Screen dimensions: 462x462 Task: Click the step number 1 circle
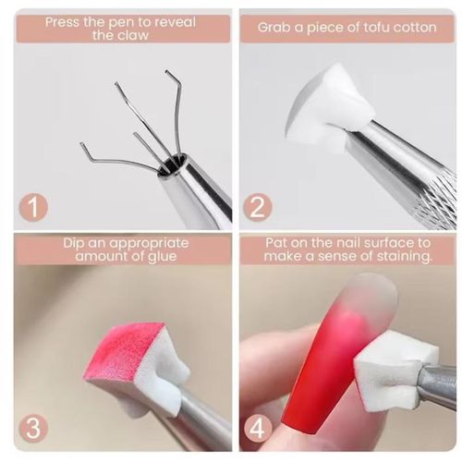point(33,206)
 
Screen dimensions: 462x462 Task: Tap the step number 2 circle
point(258,206)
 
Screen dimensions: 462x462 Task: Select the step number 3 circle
point(33,429)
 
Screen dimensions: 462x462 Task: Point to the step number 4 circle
point(258,429)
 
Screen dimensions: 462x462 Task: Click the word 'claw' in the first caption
point(135,36)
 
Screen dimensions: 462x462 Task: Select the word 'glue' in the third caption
point(163,257)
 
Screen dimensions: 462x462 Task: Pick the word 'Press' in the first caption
point(62,22)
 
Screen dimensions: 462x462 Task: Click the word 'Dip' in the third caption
point(74,244)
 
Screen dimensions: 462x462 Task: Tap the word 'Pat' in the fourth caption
point(276,243)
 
